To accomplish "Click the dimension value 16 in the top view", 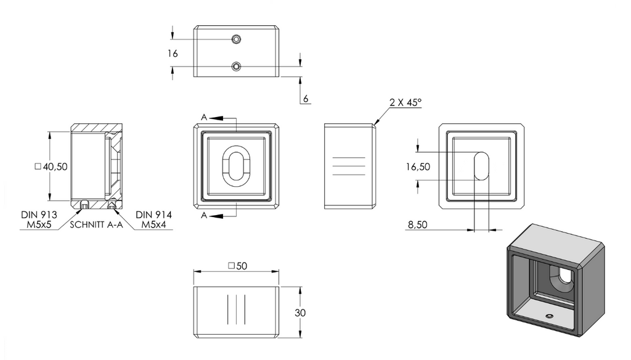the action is pos(173,53).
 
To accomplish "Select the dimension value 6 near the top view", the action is pos(306,99).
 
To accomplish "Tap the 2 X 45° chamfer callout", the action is pos(405,102).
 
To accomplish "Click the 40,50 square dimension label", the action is pos(51,166).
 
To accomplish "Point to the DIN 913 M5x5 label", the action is pos(39,219).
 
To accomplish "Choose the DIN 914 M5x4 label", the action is pos(153,219).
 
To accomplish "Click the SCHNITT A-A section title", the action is pos(96,225).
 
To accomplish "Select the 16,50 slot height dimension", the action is pos(418,166).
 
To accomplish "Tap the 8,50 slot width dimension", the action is pos(418,224).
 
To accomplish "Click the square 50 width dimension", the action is pos(237,266).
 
